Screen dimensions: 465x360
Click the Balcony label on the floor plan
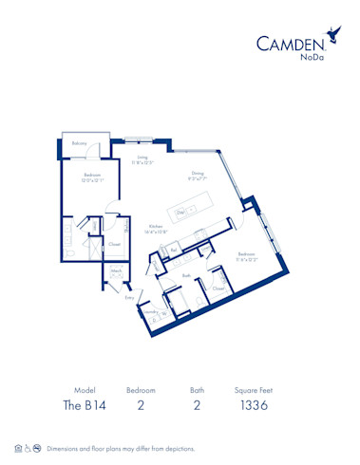(80, 143)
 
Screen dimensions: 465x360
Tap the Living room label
(142, 158)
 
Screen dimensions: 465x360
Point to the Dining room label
(198, 173)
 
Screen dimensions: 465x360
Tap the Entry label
(129, 297)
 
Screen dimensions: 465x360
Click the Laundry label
(148, 310)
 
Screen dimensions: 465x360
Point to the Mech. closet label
(117, 271)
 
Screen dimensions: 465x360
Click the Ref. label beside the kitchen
(175, 251)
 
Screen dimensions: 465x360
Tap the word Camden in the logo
(291, 42)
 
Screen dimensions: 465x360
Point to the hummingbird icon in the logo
(333, 34)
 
